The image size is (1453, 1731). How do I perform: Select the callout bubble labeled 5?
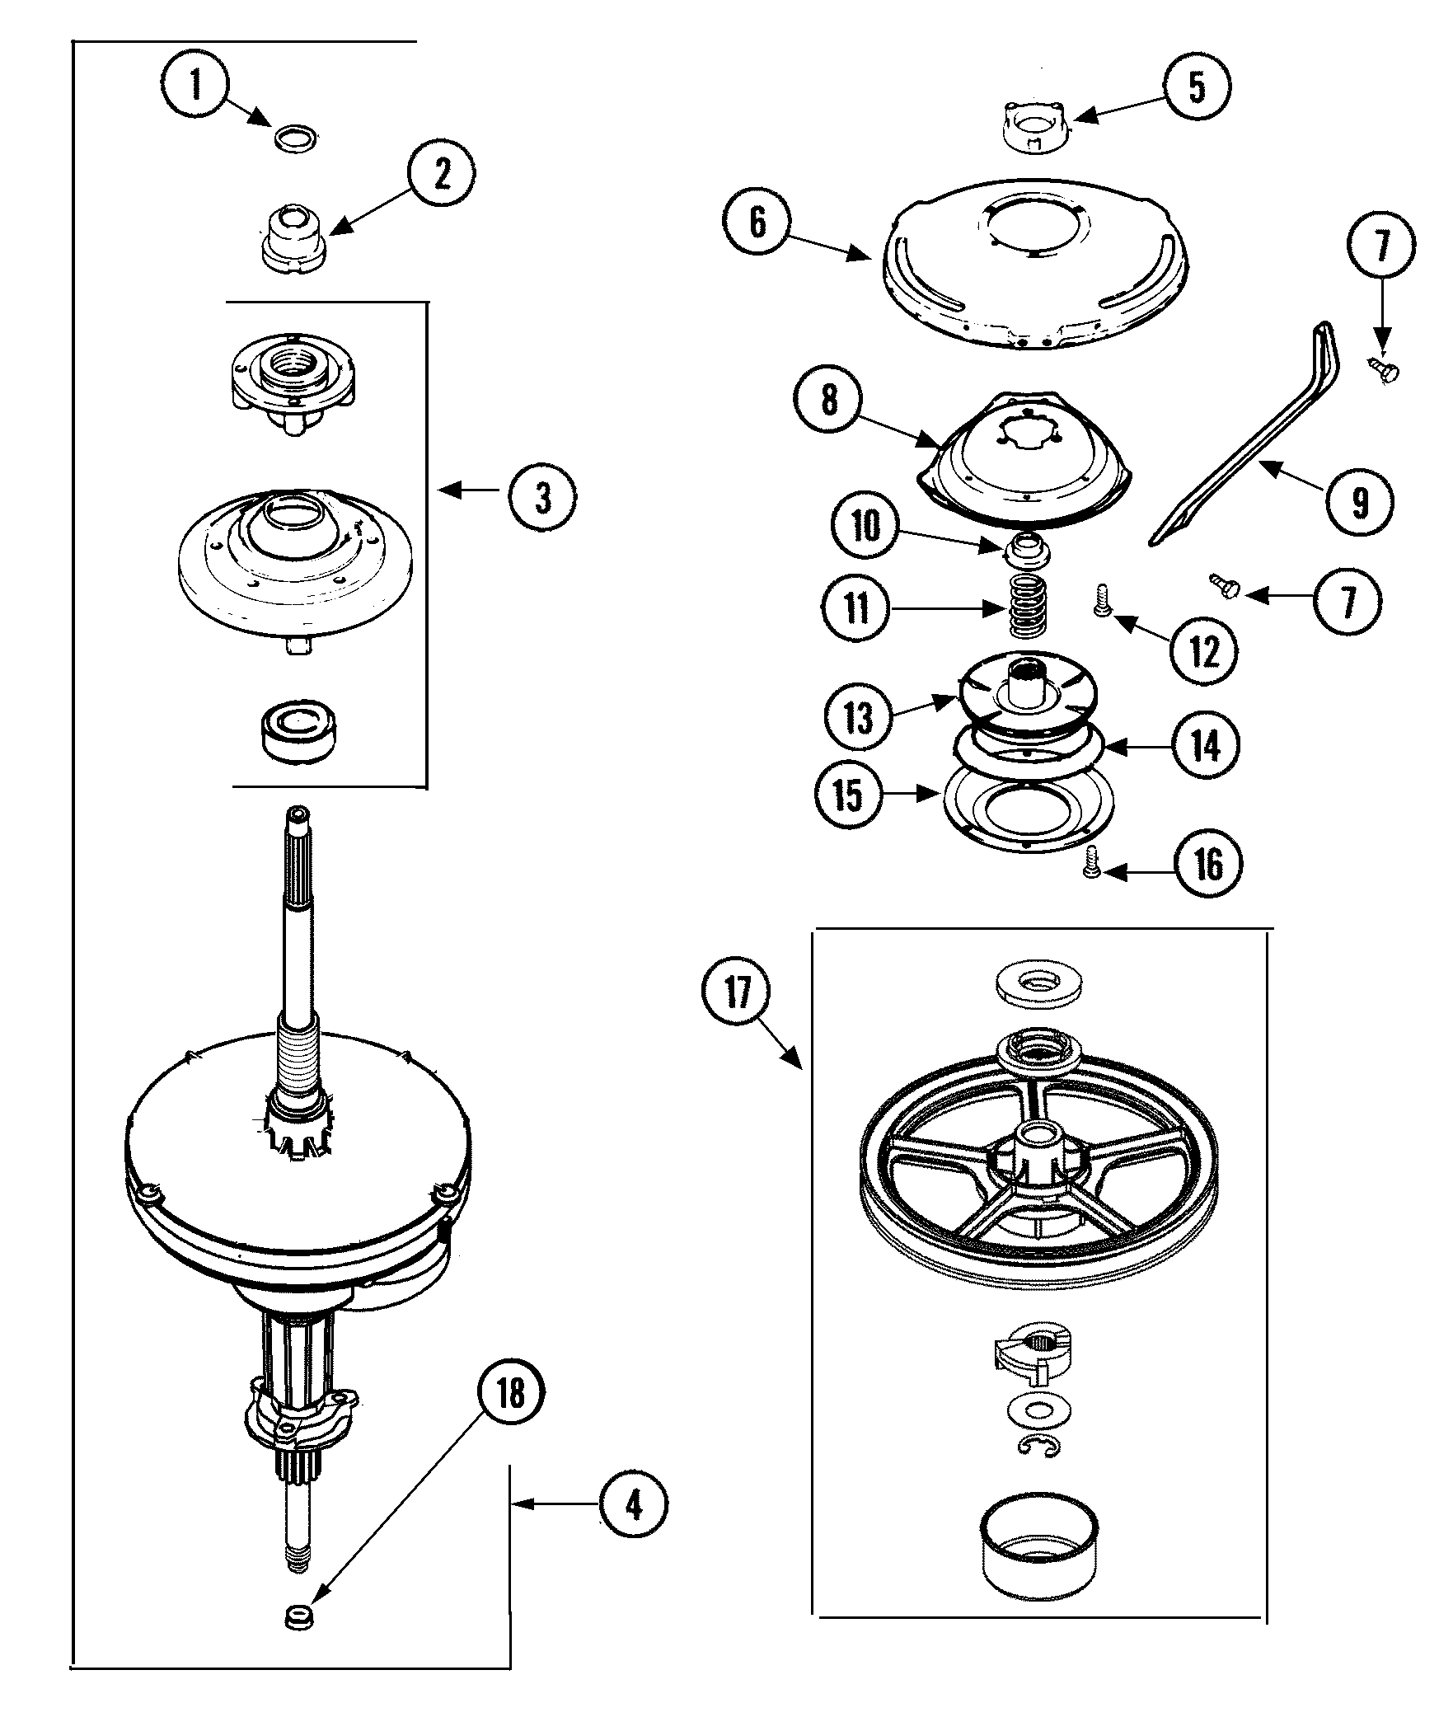click(x=1196, y=86)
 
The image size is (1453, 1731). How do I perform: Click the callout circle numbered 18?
click(x=510, y=1416)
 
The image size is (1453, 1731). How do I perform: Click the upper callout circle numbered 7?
click(x=1382, y=246)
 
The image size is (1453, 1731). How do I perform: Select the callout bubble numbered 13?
click(x=858, y=716)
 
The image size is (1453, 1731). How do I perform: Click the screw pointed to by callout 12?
click(x=1102, y=611)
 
